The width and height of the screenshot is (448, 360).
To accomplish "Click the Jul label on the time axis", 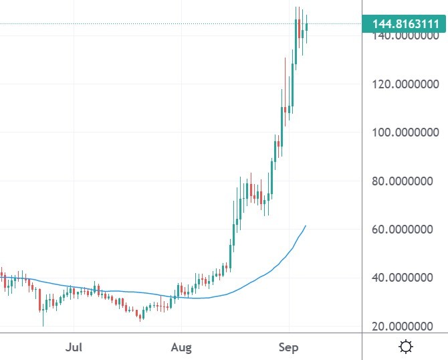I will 74,347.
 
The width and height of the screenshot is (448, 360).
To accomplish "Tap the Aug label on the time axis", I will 181,347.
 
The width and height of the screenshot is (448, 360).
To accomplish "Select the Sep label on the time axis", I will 288,347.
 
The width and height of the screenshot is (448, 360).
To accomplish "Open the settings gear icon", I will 405,347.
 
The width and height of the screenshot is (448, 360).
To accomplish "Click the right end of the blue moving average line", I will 306,226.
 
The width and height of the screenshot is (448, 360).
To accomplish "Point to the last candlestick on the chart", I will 306,28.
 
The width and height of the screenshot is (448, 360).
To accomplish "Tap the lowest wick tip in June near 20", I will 43,325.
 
